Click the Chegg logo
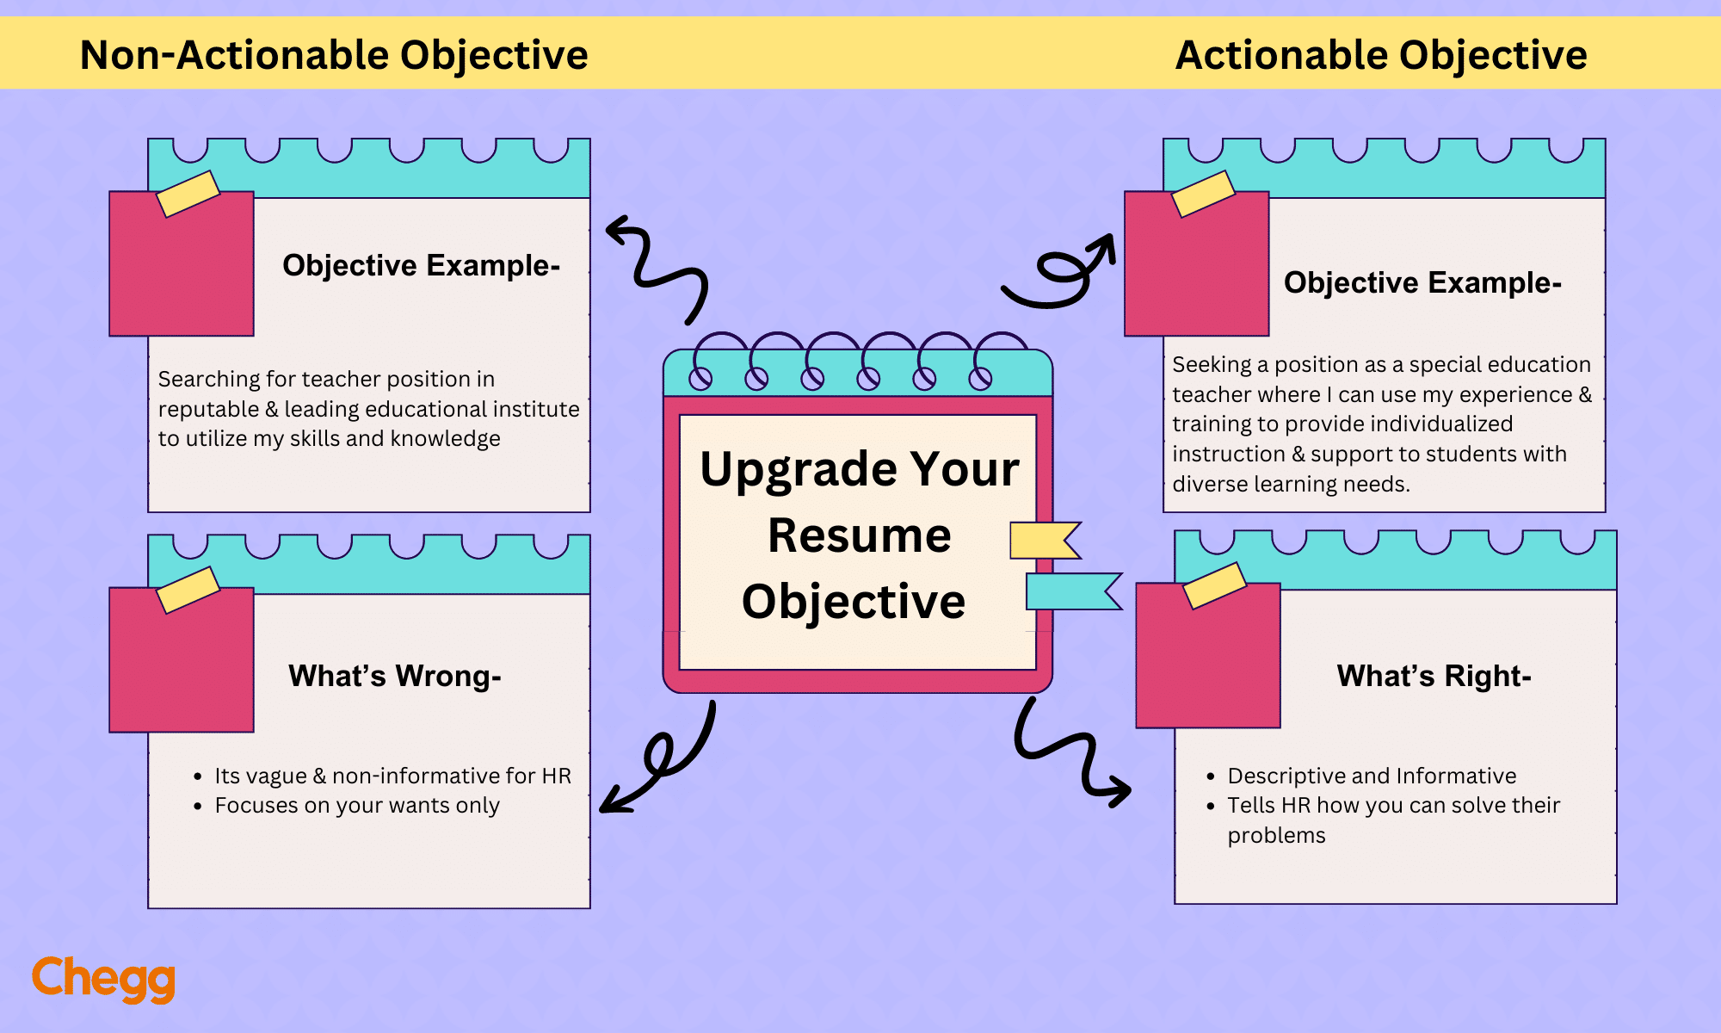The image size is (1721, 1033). pyautogui.click(x=103, y=979)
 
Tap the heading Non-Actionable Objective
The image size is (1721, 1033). pyautogui.click(x=334, y=55)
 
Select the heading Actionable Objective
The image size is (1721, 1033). pyautogui.click(x=1380, y=55)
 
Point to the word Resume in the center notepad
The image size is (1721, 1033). pyautogui.click(x=859, y=535)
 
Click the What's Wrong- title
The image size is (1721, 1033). pyautogui.click(x=394, y=676)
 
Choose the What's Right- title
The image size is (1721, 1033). pyautogui.click(x=1434, y=676)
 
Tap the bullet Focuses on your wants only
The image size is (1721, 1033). pyautogui.click(x=356, y=806)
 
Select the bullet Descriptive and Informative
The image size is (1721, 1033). pyautogui.click(x=1371, y=776)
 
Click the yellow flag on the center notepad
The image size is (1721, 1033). pyautogui.click(x=1043, y=541)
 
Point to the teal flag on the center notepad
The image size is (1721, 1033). pyautogui.click(x=1071, y=591)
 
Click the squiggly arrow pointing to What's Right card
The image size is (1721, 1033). pyautogui.click(x=1067, y=753)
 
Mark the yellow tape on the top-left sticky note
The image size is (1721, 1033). pyautogui.click(x=188, y=194)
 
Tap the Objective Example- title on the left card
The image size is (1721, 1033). pyautogui.click(x=421, y=265)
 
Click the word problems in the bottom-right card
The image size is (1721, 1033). pyautogui.click(x=1276, y=836)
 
